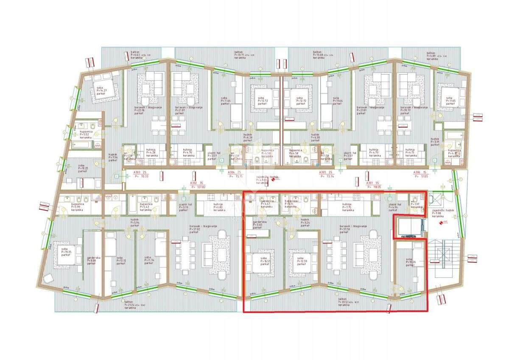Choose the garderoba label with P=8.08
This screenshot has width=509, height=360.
click(x=93, y=260)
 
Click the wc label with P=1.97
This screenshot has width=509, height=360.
click(x=416, y=206)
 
